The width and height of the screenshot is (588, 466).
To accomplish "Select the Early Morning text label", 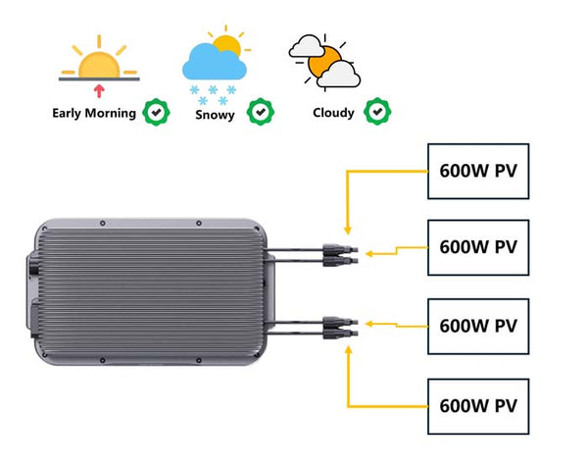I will [94, 113].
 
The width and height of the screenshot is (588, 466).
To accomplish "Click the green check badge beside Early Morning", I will [155, 112].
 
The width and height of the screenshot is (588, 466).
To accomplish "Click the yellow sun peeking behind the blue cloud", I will [227, 45].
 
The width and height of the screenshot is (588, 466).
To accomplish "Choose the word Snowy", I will [215, 113].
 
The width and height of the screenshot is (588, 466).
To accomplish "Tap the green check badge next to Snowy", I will [260, 112].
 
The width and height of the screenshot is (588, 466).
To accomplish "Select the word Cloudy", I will [333, 113].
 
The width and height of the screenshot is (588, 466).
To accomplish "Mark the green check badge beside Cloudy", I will [376, 112].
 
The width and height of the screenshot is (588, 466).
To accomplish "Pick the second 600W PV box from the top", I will [478, 247].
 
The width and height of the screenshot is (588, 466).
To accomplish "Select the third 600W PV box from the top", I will [478, 326].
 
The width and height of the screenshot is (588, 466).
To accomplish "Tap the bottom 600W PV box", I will [478, 404].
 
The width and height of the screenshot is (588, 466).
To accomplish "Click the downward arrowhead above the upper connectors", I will [345, 226].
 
